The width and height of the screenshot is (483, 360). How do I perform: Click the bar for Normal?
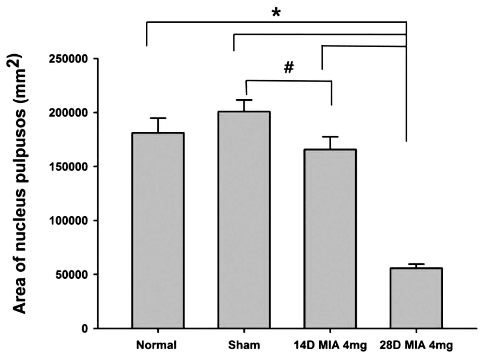(x=158, y=230)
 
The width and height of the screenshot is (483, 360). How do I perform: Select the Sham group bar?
(x=244, y=220)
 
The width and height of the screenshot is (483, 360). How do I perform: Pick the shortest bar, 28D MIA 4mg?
(x=416, y=298)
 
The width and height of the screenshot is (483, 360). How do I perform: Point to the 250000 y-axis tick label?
(x=68, y=59)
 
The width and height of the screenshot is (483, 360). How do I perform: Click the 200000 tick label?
(x=68, y=113)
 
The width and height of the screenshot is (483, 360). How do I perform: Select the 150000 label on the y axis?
(x=68, y=167)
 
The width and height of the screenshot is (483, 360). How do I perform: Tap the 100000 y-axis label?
(x=68, y=221)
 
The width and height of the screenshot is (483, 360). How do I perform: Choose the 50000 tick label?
(x=72, y=275)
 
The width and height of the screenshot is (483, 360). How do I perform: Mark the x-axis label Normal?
(x=156, y=345)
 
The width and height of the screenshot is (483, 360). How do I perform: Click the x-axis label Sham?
(x=244, y=345)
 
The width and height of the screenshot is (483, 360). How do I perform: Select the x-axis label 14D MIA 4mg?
(x=330, y=346)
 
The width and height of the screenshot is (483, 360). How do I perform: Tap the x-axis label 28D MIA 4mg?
(x=416, y=346)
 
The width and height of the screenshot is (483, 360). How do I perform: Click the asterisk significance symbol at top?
(x=276, y=13)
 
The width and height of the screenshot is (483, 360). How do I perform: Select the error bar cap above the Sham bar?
(x=244, y=100)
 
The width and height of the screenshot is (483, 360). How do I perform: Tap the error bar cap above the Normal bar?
(x=158, y=118)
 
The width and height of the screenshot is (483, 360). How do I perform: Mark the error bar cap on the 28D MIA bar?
(x=416, y=264)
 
